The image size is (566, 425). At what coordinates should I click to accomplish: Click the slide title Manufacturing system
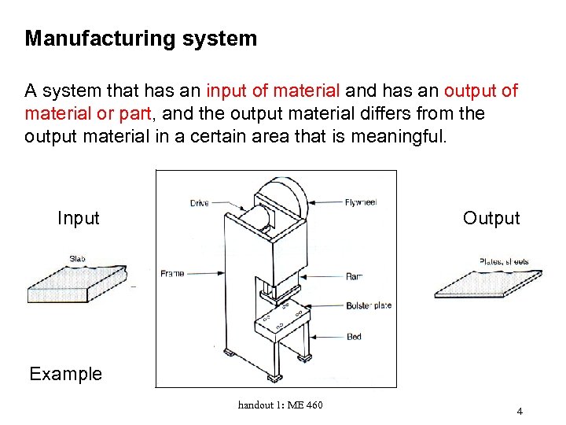(x=141, y=39)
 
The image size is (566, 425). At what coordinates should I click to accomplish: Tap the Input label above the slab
(x=79, y=218)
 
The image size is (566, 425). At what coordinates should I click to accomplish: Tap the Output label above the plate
(x=491, y=218)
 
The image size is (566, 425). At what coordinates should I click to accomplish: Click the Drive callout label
(x=200, y=203)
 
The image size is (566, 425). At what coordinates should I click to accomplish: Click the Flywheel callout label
(x=361, y=202)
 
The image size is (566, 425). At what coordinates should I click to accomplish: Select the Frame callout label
(x=172, y=273)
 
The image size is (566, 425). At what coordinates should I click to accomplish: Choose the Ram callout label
(x=353, y=276)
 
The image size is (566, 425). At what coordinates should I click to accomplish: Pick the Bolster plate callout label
(x=368, y=305)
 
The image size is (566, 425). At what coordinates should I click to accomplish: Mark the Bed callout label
(x=354, y=337)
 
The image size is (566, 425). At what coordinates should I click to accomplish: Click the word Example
(x=66, y=374)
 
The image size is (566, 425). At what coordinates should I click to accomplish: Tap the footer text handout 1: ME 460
(x=280, y=405)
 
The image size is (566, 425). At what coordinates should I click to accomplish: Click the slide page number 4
(x=520, y=412)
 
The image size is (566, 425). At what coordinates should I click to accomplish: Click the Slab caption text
(x=77, y=258)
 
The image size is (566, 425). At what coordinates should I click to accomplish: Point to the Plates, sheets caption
(x=503, y=261)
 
